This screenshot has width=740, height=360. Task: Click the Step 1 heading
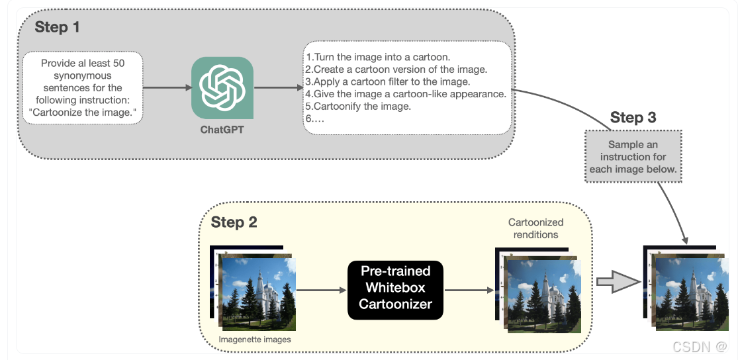57,27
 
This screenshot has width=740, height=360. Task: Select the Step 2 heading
234,222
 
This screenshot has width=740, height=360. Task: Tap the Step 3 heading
633,118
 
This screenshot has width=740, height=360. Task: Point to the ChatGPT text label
222,130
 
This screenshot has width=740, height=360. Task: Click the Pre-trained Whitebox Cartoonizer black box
395,288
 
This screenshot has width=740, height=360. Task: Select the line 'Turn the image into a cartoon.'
378,57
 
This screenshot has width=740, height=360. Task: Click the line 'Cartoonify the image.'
358,106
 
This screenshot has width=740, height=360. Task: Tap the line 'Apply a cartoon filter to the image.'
388,81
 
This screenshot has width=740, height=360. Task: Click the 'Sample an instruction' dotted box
633,156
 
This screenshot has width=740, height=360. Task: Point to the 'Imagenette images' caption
255,339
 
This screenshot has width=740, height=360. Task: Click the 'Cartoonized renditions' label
535,228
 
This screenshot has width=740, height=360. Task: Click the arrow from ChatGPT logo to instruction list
278,87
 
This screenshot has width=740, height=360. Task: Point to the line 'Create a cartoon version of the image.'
396,69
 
